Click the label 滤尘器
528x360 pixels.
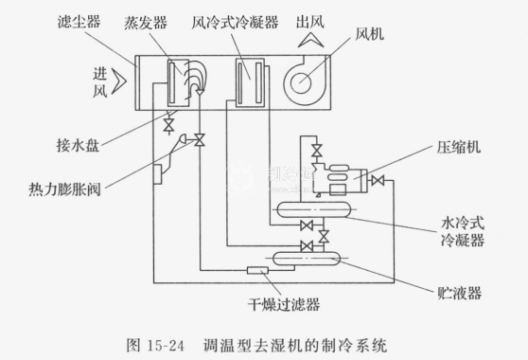tap(79, 22)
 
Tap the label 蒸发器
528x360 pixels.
tap(146, 23)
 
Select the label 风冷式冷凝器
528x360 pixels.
tap(235, 22)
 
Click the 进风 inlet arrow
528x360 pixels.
tap(119, 81)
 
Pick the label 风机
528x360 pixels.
tap(369, 34)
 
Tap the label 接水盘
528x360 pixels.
tap(78, 146)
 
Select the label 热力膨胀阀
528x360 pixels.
tap(64, 189)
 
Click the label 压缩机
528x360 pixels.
tap(458, 147)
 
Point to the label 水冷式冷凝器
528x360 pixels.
tap(463, 232)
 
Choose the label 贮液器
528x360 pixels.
tap(459, 293)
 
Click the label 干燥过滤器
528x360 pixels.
tap(284, 304)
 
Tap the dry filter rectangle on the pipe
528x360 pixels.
tap(257, 270)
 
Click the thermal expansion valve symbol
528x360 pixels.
tap(200, 139)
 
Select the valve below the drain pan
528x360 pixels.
tap(168, 125)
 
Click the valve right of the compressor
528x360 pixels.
tap(378, 181)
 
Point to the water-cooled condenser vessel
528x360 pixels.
tap(313, 209)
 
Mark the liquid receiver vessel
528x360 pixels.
tap(306, 259)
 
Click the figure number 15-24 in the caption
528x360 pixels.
tap(166, 346)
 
